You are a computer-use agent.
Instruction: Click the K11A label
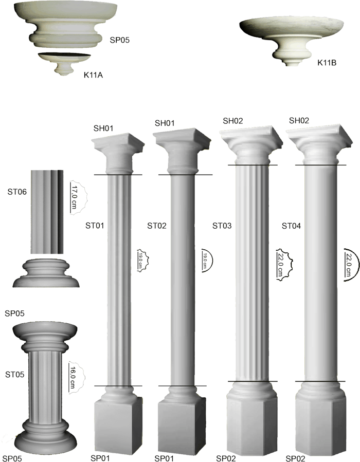pyautogui.click(x=93, y=75)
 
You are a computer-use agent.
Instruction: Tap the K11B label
pyautogui.click(x=327, y=63)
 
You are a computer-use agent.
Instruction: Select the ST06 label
pyautogui.click(x=17, y=192)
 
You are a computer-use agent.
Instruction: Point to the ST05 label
pyautogui.click(x=15, y=375)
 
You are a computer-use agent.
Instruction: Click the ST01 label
pyautogui.click(x=95, y=226)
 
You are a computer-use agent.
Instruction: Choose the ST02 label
pyautogui.click(x=157, y=226)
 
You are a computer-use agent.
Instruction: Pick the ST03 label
pyautogui.click(x=222, y=226)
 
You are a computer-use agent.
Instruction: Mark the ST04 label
pyautogui.click(x=291, y=226)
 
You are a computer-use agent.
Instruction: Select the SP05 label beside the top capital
pyautogui.click(x=120, y=40)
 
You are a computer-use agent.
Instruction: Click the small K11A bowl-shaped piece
pyautogui.click(x=65, y=63)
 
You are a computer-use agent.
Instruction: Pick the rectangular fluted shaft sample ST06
pyautogui.click(x=47, y=212)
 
